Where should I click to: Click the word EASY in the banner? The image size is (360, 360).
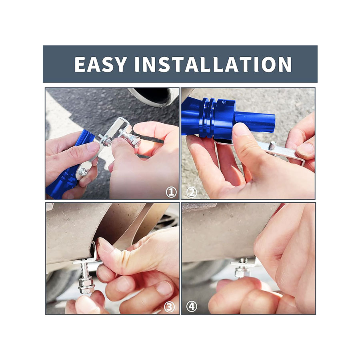click(100, 64)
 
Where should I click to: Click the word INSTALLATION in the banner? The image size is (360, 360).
click(213, 64)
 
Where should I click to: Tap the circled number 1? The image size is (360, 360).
click(171, 192)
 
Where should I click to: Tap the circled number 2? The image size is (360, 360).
click(192, 192)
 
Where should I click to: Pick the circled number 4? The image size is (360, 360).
click(192, 307)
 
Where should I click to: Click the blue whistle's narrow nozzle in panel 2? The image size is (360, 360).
click(255, 122)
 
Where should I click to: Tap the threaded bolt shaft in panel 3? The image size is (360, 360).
click(85, 269)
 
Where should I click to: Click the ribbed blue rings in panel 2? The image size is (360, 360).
click(208, 118)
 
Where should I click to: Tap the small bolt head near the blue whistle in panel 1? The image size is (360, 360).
click(83, 172)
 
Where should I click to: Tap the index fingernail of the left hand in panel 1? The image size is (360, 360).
click(92, 147)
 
